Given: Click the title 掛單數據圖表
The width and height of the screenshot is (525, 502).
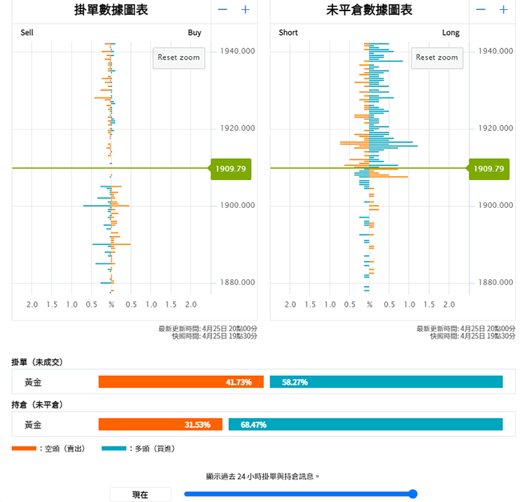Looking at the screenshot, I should (x=111, y=11).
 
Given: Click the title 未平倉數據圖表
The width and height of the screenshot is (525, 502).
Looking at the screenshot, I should (x=369, y=11).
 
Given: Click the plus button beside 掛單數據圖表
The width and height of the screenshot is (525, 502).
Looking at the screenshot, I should (x=245, y=10).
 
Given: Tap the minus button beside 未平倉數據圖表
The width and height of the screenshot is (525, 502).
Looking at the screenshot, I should (x=480, y=10).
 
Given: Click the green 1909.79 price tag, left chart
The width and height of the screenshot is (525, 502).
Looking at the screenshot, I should (x=232, y=169).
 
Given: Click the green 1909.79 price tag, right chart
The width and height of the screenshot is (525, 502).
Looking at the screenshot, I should (x=489, y=169).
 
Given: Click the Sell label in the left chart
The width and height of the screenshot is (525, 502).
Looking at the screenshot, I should (x=27, y=33).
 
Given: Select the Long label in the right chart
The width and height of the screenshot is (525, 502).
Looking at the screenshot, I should (x=451, y=33).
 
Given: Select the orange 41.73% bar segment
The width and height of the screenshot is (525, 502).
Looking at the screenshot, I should (x=181, y=382).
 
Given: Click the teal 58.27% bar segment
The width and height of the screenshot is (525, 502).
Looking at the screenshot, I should (x=386, y=382).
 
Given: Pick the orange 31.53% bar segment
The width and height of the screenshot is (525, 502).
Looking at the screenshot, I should (x=160, y=424).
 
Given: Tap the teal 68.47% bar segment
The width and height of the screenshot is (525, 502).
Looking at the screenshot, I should (x=365, y=424).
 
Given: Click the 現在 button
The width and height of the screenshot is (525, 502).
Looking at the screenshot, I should (x=140, y=494).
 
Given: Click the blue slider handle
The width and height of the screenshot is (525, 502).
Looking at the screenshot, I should (x=412, y=494).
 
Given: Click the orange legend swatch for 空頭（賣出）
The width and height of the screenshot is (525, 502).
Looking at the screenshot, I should (x=24, y=448).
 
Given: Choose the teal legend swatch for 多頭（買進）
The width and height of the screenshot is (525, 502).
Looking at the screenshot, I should (x=114, y=448).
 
